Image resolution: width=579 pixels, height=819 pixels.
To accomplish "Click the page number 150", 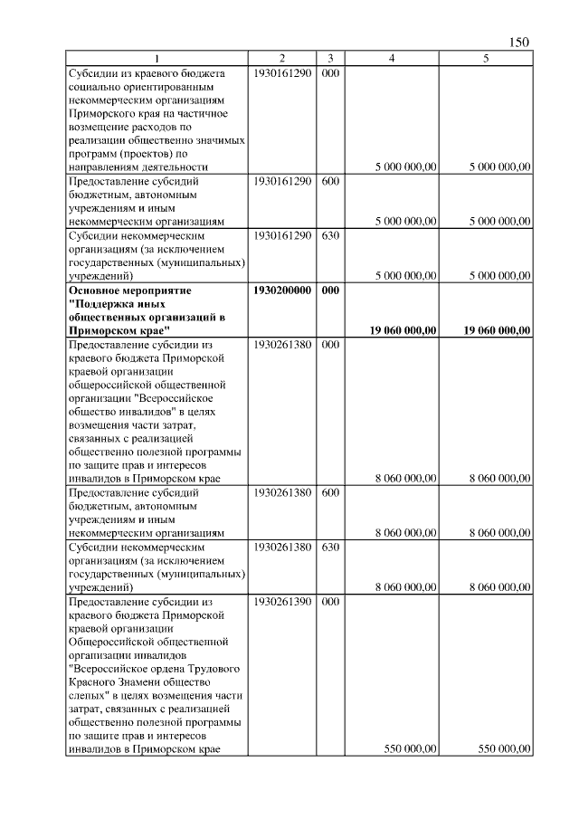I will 519,43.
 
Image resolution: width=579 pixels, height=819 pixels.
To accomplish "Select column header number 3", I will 330,59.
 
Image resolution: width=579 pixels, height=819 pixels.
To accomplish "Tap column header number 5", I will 486,59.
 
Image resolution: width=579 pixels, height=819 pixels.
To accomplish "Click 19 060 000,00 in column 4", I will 403,331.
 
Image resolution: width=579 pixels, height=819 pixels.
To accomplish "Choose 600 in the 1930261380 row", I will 330,493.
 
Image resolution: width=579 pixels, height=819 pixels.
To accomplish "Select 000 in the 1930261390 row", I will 330,601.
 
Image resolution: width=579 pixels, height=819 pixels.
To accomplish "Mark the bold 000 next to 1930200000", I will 330,290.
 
